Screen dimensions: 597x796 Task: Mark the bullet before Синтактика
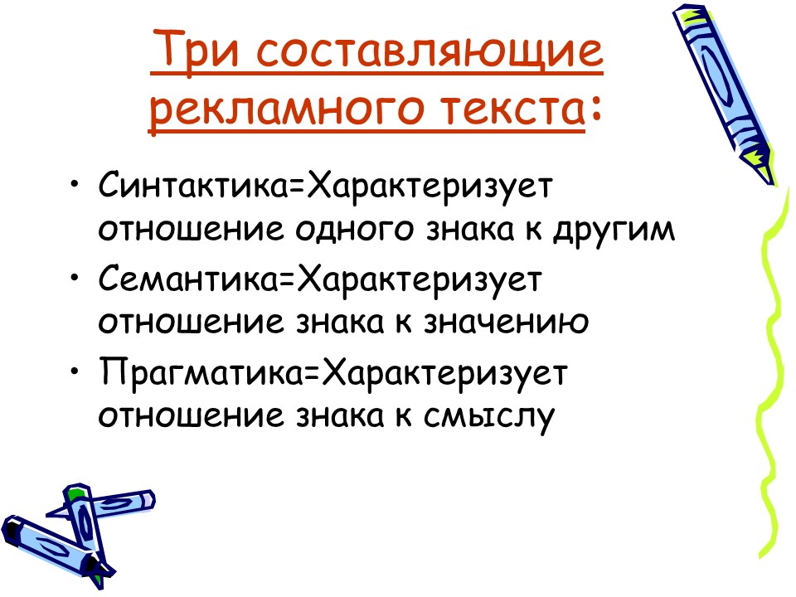click(76, 183)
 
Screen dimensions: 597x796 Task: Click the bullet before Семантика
click(76, 278)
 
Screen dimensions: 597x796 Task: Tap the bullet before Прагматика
click(76, 371)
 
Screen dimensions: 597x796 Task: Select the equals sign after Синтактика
click(296, 184)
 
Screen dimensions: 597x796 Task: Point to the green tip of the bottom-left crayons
click(76, 495)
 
